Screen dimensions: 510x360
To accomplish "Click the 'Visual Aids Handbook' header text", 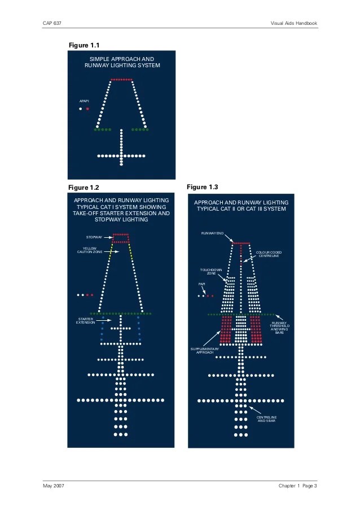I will pos(293,23).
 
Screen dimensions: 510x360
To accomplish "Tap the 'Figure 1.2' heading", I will pos(83,187).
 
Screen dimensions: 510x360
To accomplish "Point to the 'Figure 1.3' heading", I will pos(201,186).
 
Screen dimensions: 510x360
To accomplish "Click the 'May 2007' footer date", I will pos(52,487).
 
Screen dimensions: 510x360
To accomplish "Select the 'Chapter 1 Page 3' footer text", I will pos(297,487).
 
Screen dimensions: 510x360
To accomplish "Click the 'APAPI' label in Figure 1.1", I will pos(84,101).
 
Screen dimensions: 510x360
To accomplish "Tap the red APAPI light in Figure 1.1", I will pos(87,108).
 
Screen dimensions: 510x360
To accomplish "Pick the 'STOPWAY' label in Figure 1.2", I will pos(94,237).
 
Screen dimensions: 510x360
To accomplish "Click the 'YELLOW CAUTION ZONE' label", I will pos(90,250).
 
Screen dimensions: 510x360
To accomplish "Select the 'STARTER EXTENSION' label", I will pos(85,320).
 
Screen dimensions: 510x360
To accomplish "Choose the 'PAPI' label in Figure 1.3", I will pos(201,284).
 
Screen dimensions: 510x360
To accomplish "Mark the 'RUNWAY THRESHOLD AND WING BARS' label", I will pos(280,328).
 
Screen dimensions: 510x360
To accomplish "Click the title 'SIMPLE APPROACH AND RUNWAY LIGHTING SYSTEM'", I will pos(122,62).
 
